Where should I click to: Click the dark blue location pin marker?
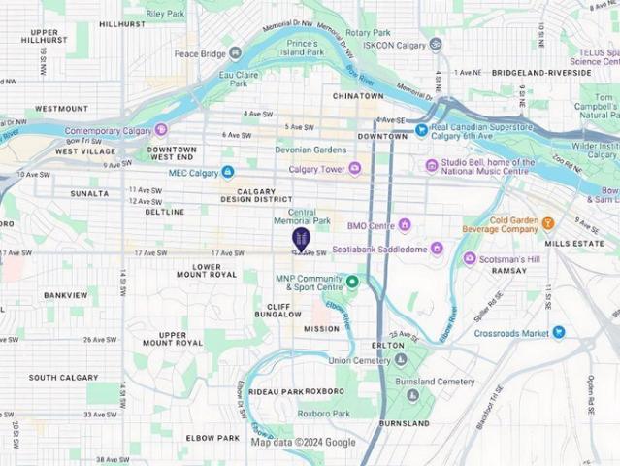[x=301, y=239]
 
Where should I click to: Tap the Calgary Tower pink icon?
[x=355, y=169]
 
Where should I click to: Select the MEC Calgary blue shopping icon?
[x=228, y=172]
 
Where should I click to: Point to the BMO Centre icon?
[x=405, y=225]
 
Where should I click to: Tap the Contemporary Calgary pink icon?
[x=161, y=129]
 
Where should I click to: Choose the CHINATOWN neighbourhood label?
[x=358, y=97]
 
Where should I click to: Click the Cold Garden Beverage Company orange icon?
[x=548, y=223]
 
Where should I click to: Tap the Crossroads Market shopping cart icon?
[x=559, y=333]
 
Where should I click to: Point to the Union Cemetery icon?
[x=401, y=360]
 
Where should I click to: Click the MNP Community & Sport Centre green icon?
[x=352, y=283]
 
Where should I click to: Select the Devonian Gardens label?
[x=282, y=150]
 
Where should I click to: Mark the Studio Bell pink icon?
[x=432, y=166]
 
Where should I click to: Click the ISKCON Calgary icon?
[x=436, y=44]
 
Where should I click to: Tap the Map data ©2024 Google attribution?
[x=303, y=442]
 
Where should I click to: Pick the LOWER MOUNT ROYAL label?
[x=214, y=270]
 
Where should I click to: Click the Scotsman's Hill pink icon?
[x=470, y=258]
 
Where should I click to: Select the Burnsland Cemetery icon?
[x=413, y=395]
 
